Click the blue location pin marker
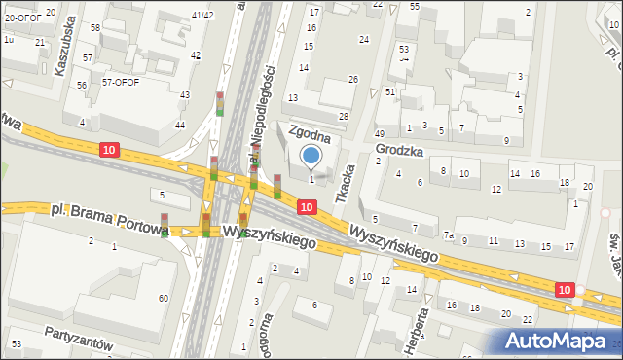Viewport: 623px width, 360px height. pos(311,156)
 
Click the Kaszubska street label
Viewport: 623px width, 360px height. pos(65,60)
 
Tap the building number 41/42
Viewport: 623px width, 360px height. pos(202,16)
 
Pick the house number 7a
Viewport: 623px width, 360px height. pos(449,235)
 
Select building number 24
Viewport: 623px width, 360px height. pos(363,40)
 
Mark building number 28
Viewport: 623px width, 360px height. pos(343,117)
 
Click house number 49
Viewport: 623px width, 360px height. pos(380,133)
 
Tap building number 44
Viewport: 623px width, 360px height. pos(179,126)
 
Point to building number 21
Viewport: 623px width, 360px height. pos(40,43)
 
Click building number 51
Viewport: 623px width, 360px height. pos(389,91)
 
